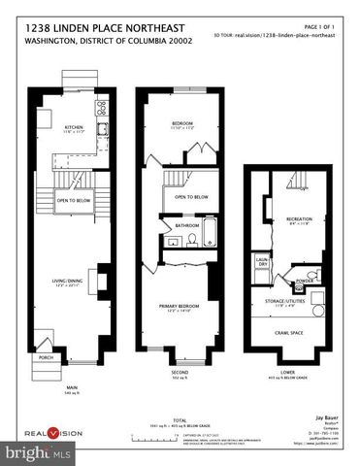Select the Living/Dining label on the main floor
pyautogui.click(x=75, y=282)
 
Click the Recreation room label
pyautogui.click(x=298, y=219)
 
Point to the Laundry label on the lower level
pyautogui.click(x=262, y=262)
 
